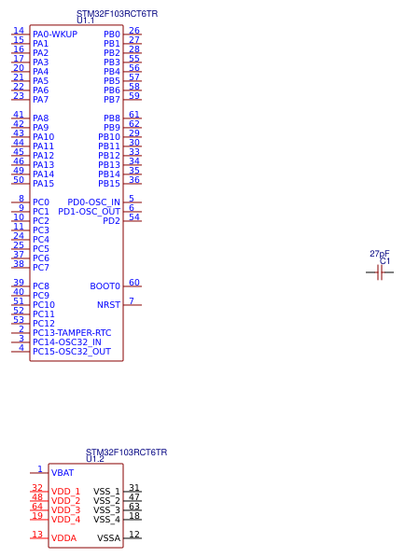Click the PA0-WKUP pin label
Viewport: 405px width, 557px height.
tap(55, 35)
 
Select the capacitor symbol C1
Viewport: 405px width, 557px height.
tap(380, 272)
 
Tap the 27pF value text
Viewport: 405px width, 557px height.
tap(380, 254)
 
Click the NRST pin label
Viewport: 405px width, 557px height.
tap(108, 305)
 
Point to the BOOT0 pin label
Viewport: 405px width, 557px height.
tap(105, 285)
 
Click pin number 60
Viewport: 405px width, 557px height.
tap(134, 282)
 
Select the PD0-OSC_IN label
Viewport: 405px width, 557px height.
tap(94, 202)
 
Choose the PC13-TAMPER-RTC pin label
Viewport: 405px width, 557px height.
tap(72, 333)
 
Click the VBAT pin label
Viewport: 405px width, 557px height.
tap(63, 473)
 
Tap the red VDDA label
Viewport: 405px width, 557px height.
tap(63, 538)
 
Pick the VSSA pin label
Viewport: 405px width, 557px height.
tap(108, 538)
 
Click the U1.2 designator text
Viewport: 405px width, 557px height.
tap(95, 459)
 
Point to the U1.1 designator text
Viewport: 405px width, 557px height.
tap(86, 21)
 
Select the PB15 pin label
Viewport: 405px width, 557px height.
tap(109, 184)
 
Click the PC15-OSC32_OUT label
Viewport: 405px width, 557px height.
tap(72, 352)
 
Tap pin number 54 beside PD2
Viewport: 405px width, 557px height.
tap(134, 216)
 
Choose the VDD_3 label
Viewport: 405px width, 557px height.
tap(65, 510)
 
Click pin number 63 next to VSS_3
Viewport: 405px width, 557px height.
tap(134, 507)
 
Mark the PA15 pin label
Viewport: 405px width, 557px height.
tap(43, 184)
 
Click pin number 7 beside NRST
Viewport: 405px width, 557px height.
tap(132, 300)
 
